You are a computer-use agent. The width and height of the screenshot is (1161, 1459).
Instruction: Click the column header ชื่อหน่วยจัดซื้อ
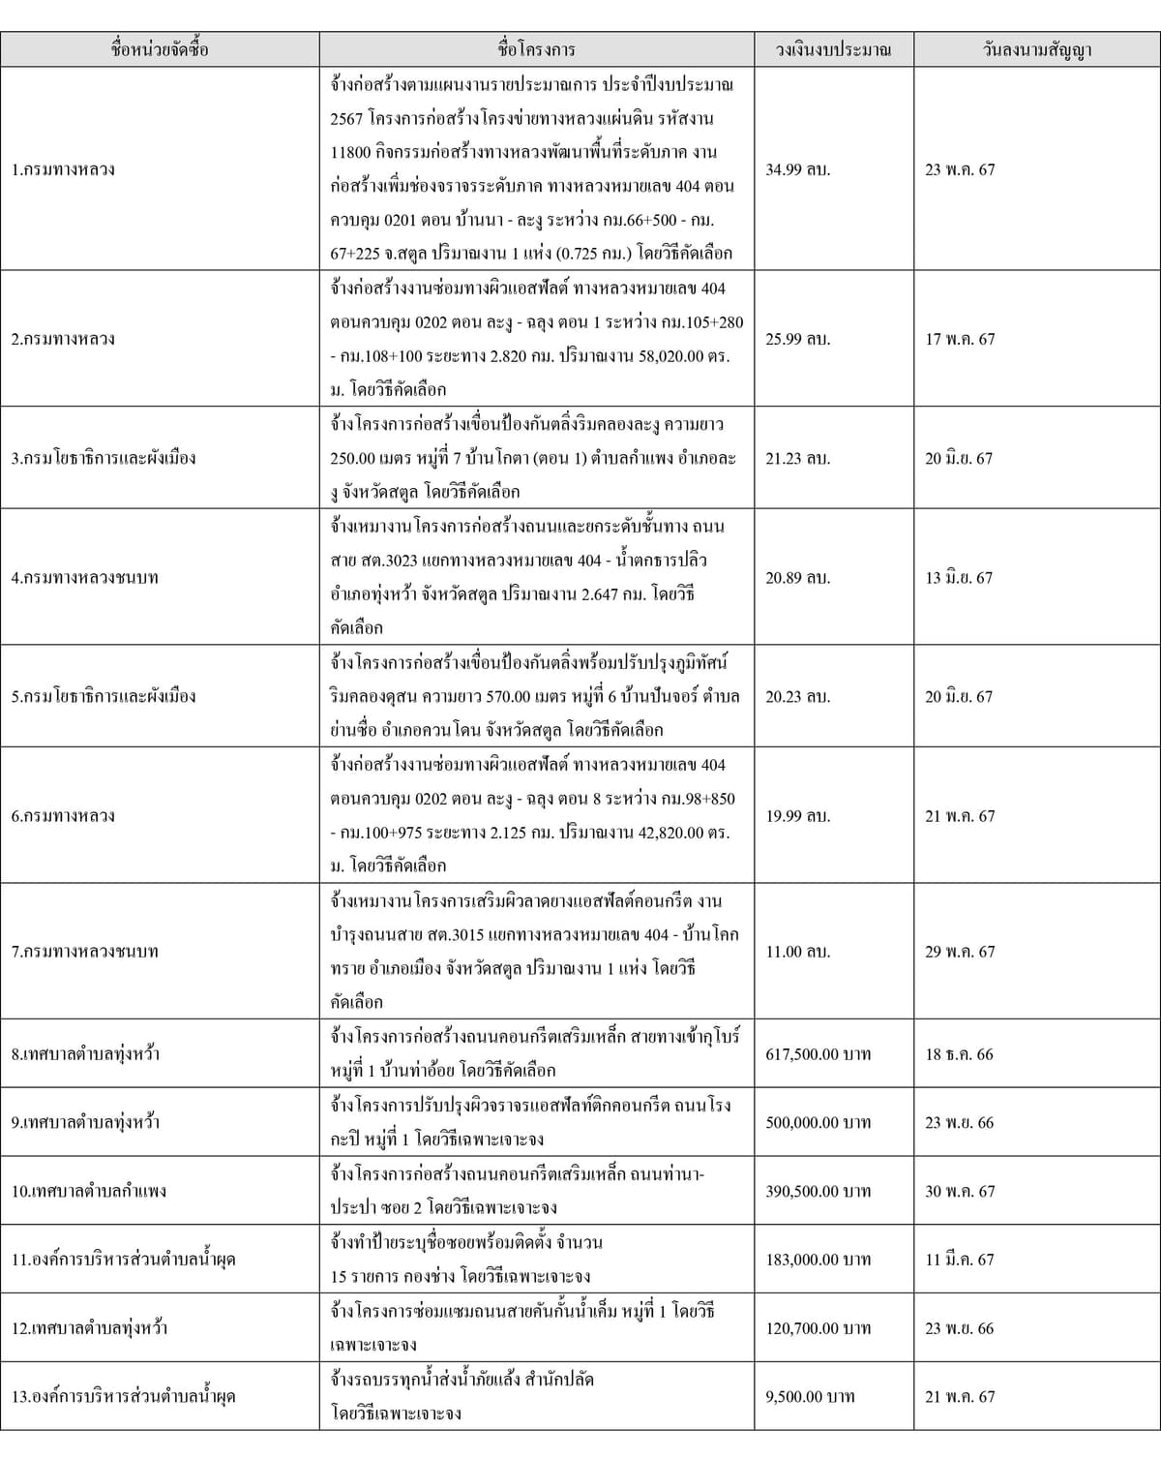tap(160, 49)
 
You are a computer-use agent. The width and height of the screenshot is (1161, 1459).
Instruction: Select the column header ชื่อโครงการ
tap(536, 49)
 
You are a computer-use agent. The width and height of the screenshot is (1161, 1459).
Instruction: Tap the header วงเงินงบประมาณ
tap(833, 49)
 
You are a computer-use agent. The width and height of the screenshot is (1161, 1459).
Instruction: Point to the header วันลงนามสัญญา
tap(1037, 49)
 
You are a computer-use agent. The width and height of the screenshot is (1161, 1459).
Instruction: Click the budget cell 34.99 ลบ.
tap(797, 169)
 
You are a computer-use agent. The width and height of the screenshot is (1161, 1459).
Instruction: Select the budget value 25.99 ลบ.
tap(797, 339)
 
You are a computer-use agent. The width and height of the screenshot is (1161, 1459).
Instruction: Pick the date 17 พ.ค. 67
tap(959, 339)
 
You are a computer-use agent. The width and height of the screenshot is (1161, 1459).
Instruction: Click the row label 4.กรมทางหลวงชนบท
tap(85, 577)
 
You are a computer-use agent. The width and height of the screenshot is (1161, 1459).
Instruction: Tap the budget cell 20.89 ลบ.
tap(797, 577)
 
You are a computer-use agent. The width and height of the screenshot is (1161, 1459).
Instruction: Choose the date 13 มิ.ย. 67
tap(958, 577)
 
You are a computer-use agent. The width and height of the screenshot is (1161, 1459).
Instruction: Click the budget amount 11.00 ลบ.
tap(797, 951)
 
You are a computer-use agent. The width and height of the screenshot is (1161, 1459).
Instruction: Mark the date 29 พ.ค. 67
tap(959, 951)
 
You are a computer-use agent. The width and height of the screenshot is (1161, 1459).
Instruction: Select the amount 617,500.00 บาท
tap(818, 1053)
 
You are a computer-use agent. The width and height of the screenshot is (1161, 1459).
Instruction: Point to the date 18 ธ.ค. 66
tap(958, 1053)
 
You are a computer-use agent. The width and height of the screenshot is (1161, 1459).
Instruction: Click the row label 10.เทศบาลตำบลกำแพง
tap(89, 1191)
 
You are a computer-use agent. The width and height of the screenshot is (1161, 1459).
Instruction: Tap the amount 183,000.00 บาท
tap(818, 1259)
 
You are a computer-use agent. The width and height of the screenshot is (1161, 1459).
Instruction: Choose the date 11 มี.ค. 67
tap(959, 1259)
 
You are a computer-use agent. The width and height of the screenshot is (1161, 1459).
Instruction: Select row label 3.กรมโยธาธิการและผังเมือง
tap(104, 458)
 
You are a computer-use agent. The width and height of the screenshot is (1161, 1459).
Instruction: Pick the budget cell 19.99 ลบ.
tap(797, 815)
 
